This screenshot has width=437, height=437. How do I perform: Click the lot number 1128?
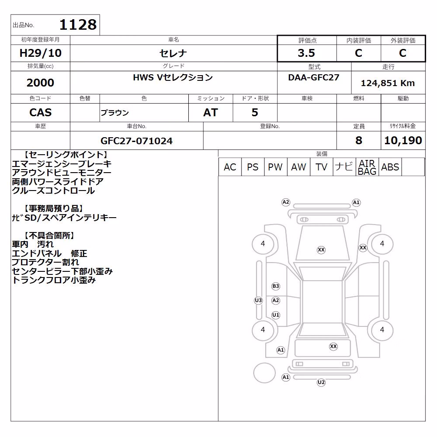tap(78, 24)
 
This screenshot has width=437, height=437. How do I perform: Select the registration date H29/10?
tap(40, 53)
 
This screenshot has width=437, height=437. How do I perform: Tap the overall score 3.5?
tap(306, 53)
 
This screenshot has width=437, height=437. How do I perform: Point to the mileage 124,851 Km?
tap(388, 83)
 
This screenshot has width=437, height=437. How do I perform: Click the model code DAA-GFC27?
tap(314, 77)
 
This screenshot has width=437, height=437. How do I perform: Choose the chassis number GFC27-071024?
tap(136, 141)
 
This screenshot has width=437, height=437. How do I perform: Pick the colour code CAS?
tap(40, 112)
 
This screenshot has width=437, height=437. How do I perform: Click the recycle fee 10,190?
tap(403, 140)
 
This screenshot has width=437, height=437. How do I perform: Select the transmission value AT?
tap(211, 112)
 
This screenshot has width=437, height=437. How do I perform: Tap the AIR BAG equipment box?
tap(367, 167)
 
